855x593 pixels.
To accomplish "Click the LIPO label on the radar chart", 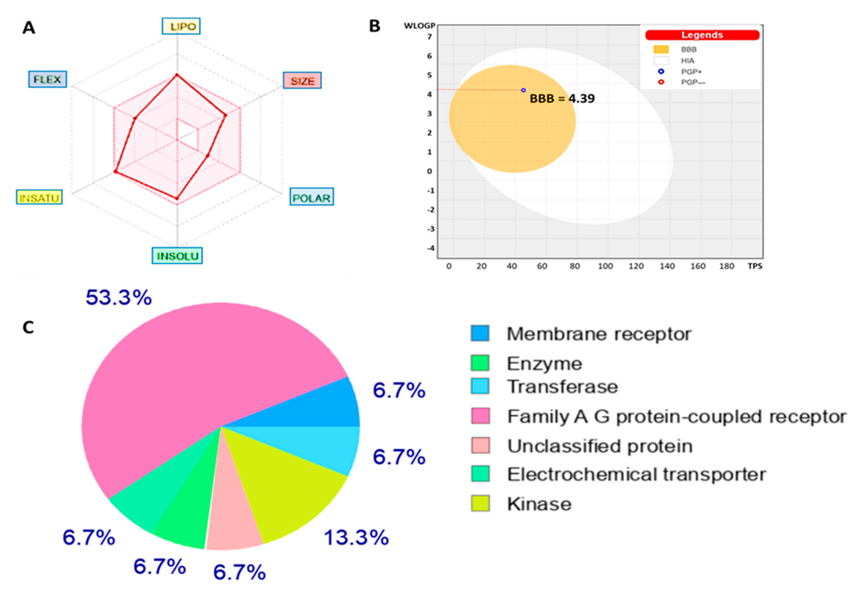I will click(181, 26).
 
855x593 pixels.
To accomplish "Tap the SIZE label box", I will click(302, 81).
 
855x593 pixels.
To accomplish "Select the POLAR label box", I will click(312, 197).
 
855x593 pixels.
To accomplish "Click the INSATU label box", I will click(39, 197).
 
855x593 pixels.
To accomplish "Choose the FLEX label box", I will click(48, 79).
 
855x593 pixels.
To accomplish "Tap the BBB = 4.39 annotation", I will click(562, 99).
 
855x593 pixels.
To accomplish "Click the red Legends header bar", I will click(702, 35).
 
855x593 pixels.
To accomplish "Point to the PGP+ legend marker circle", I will click(661, 71).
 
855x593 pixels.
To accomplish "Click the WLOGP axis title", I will click(419, 26).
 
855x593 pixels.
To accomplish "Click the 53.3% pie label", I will click(119, 298).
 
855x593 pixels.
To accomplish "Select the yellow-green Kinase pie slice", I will click(294, 483).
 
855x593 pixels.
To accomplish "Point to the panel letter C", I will click(28, 328).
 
